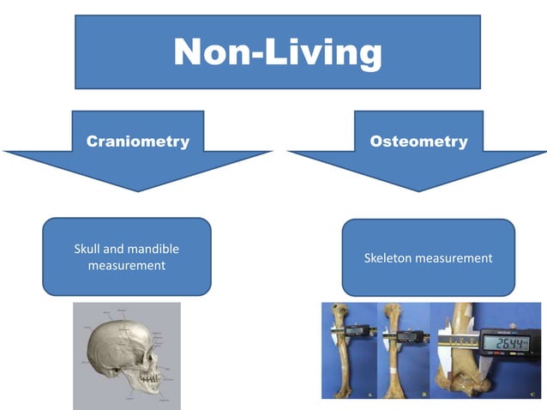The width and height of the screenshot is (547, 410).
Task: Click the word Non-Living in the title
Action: tap(277, 52)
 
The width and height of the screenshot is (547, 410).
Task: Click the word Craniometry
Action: tap(137, 142)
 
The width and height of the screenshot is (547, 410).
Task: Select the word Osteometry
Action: tap(419, 142)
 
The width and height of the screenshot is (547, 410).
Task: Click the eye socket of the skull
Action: tap(147, 349)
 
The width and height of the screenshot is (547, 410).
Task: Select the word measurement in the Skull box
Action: tap(126, 266)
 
